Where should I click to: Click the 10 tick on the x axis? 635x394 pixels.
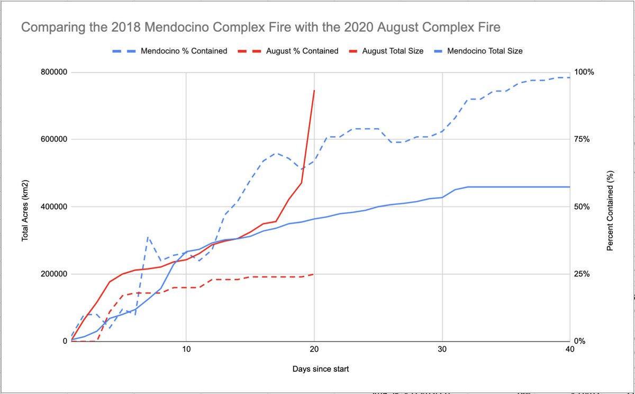tap(186, 350)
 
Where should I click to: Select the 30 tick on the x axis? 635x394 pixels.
tap(442, 350)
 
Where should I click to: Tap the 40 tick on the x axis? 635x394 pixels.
tap(569, 350)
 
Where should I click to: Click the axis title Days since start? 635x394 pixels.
tap(320, 369)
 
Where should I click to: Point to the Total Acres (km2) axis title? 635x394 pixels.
tap(25, 207)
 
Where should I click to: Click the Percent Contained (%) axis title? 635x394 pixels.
tap(610, 210)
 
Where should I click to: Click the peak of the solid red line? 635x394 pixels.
tap(314, 91)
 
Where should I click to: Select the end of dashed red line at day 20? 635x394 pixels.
tap(314, 274)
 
